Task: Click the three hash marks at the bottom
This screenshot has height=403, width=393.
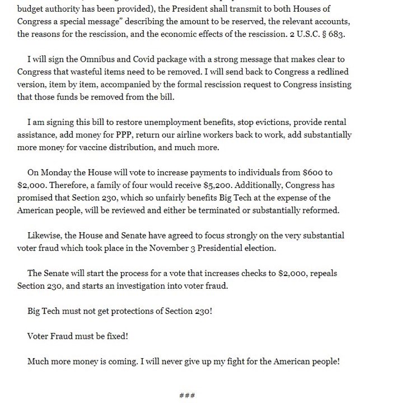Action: pyautogui.click(x=186, y=395)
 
